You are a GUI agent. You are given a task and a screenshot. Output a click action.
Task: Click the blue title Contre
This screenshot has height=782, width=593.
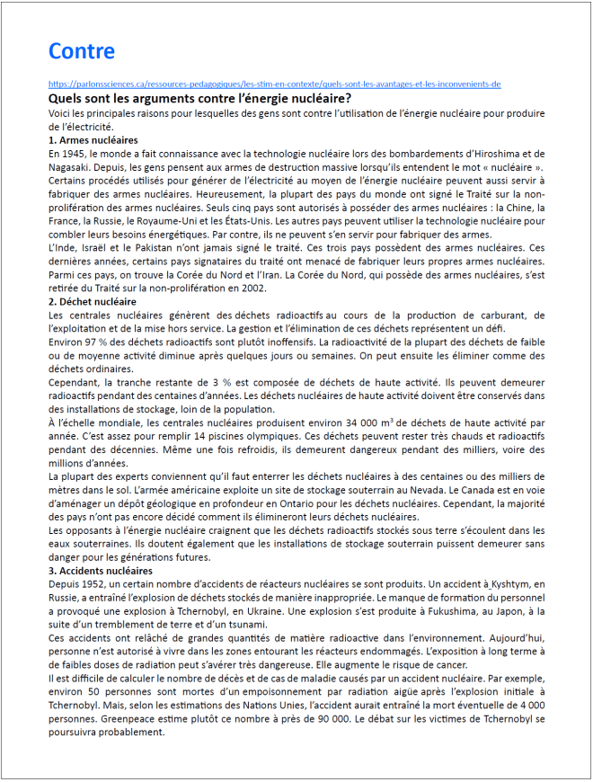(x=82, y=50)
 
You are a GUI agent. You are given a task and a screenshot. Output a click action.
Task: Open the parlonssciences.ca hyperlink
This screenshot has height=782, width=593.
(x=274, y=84)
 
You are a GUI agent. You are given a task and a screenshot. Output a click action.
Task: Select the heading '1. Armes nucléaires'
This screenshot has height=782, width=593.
(x=93, y=141)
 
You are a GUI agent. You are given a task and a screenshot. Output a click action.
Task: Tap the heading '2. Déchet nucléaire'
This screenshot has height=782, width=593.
(x=93, y=302)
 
